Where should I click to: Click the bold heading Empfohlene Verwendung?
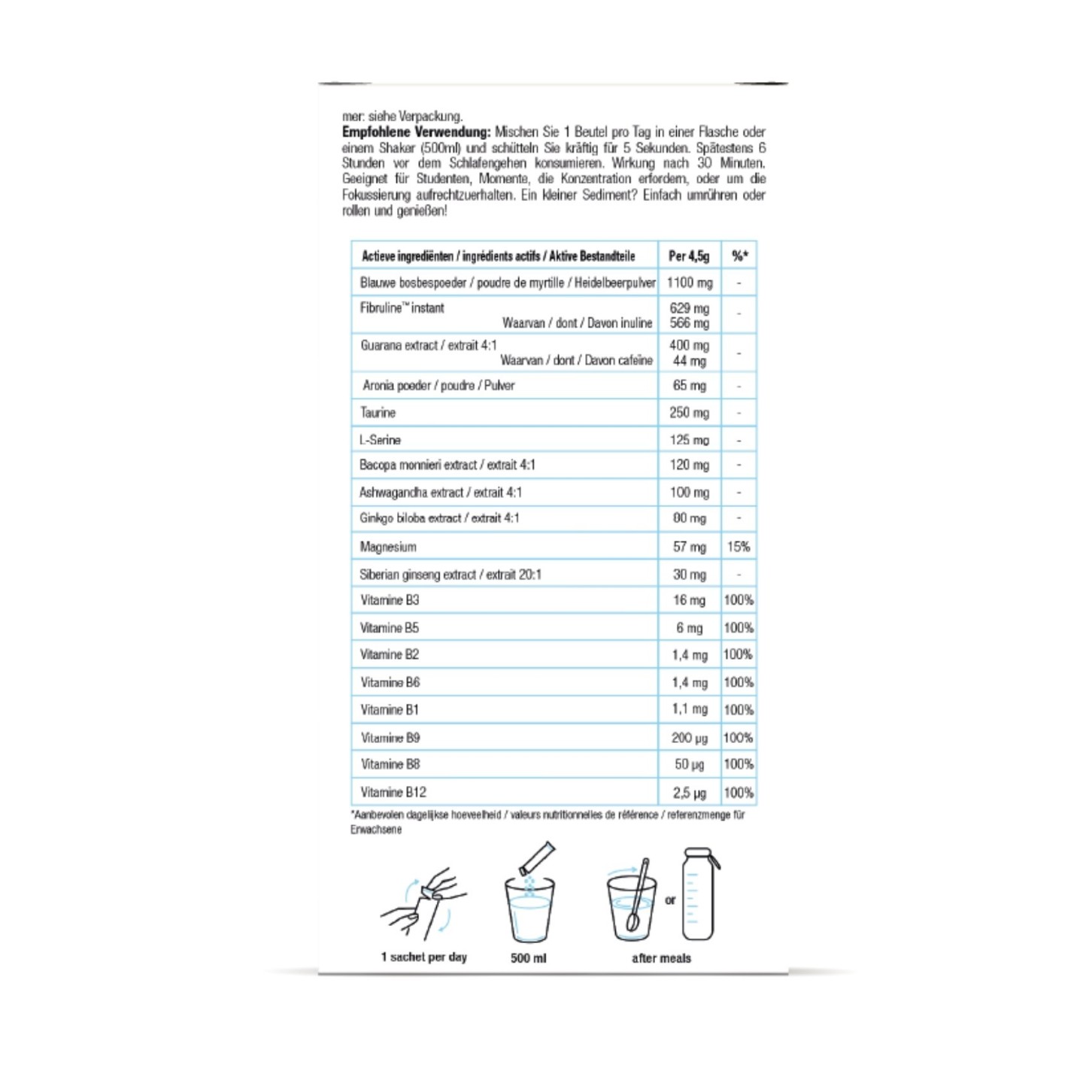(416, 132)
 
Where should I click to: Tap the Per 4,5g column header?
(689, 256)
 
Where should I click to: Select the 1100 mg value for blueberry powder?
(689, 283)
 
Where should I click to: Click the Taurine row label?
(378, 412)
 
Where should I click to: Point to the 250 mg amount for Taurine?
(689, 412)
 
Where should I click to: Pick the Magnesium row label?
(388, 547)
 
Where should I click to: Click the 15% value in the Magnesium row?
(739, 547)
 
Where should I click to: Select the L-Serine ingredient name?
(380, 440)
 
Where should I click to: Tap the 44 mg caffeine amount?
(689, 361)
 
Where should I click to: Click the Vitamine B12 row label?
(393, 792)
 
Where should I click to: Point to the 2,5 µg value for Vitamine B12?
(689, 793)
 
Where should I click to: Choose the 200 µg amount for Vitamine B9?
(689, 738)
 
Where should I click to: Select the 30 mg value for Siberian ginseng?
(689, 575)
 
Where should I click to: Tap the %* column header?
(739, 256)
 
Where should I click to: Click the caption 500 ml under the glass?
(529, 957)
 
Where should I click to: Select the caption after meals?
(661, 957)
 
